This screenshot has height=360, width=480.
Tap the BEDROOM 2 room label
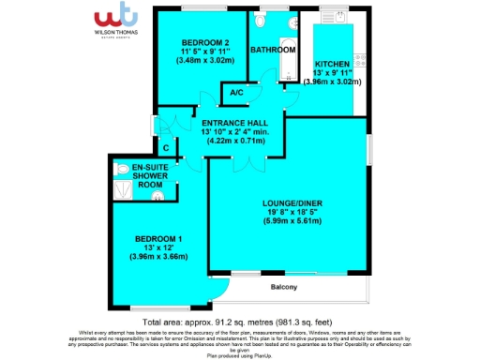tap(206, 43)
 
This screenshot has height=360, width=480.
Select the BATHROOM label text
tap(273, 49)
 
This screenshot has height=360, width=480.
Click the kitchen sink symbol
tap(330, 17)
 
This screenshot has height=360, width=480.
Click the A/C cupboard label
tap(236, 93)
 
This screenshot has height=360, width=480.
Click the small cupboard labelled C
tap(166, 147)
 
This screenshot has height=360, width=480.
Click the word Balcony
tap(285, 286)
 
